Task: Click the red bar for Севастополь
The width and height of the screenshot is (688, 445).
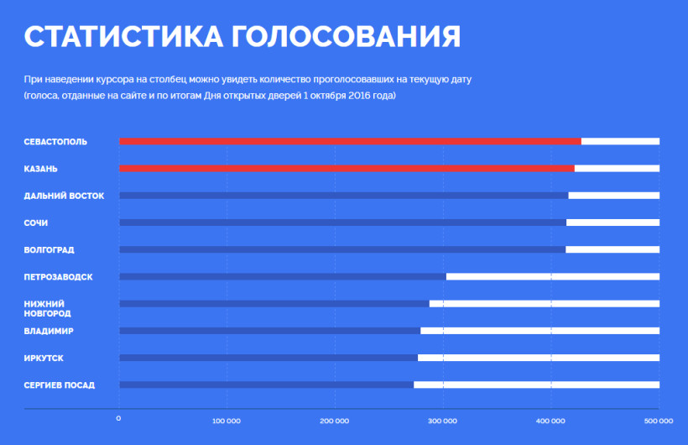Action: (x=350, y=141)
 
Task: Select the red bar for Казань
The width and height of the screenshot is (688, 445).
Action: (x=347, y=168)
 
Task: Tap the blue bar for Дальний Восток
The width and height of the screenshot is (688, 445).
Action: (x=343, y=196)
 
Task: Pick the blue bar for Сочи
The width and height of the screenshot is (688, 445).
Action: (x=342, y=222)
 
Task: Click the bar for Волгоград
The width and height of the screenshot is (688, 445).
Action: (x=342, y=249)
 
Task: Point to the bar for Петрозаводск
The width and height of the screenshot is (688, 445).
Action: (x=283, y=276)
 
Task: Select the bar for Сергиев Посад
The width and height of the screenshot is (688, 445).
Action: (x=266, y=385)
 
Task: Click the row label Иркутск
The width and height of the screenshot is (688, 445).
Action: (x=44, y=359)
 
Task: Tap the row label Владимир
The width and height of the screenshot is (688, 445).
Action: (x=49, y=331)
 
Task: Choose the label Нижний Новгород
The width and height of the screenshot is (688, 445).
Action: (x=47, y=308)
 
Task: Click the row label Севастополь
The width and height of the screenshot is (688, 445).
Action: (x=55, y=141)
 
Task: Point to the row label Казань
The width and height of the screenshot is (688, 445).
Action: (x=40, y=169)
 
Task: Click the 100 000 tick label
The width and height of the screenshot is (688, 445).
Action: (x=227, y=420)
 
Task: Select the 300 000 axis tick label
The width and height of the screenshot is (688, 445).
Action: (x=443, y=420)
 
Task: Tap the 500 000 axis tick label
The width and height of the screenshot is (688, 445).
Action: (x=659, y=420)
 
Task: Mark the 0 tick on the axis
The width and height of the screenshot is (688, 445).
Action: (x=119, y=419)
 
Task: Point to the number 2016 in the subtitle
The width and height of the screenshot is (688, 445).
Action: (x=348, y=96)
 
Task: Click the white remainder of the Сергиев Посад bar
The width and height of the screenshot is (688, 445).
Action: (x=536, y=385)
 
